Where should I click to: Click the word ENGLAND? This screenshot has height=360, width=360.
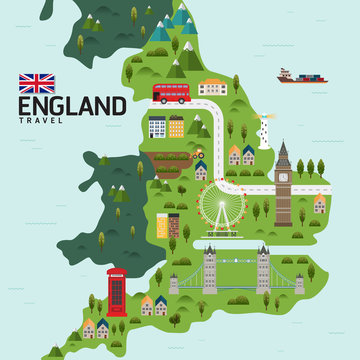click(x=72, y=106)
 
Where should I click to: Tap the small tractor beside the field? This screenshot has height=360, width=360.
click(x=199, y=155)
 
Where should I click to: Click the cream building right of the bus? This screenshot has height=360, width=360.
click(x=213, y=88)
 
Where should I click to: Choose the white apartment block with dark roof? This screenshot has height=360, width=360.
click(x=157, y=127)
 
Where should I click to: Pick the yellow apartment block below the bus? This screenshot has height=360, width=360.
click(x=176, y=127)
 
